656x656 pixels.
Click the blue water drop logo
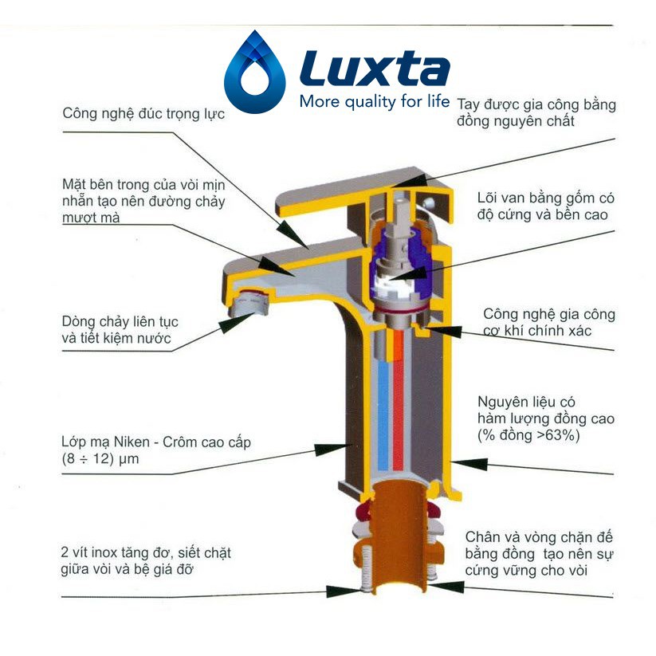point(254,73)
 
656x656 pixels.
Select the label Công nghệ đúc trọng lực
point(143,114)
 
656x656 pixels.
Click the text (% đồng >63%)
point(528,436)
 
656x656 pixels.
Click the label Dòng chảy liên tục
point(120,322)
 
